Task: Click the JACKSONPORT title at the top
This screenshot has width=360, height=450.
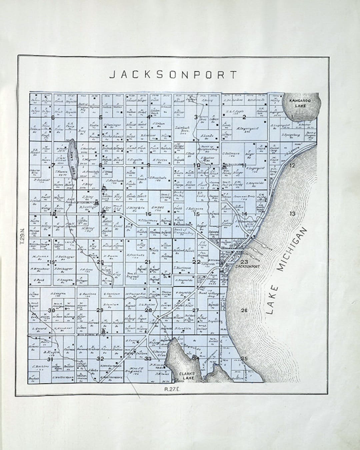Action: point(174,74)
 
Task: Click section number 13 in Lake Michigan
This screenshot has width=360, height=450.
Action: point(292,214)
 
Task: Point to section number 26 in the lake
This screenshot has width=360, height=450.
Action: point(244,311)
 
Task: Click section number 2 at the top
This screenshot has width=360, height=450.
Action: point(244,117)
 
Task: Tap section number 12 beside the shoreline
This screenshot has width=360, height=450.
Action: point(292,165)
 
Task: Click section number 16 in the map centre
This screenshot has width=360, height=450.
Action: point(148,214)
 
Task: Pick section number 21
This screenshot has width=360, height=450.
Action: point(148,262)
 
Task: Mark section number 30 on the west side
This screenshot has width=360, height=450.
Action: point(51,311)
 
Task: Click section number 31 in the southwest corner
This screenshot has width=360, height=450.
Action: point(50,360)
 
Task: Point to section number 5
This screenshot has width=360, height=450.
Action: point(100,117)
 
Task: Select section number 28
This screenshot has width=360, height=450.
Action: point(148,310)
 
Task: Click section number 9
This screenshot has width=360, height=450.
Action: point(148,165)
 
